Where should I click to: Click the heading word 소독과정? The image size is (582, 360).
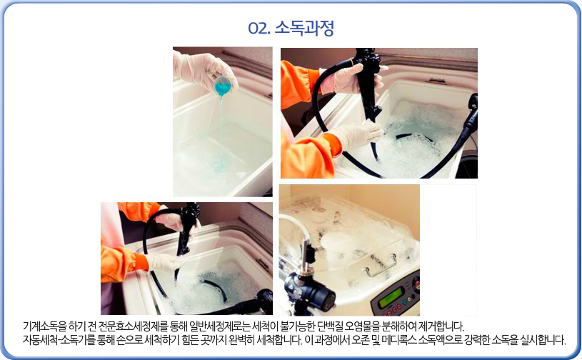304,28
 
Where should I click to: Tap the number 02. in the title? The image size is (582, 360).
259,28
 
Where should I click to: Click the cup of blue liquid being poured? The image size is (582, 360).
222,86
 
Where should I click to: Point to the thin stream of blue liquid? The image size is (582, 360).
221,130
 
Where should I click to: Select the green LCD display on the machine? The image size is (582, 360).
390,297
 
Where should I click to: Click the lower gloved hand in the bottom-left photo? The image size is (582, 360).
165,261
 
